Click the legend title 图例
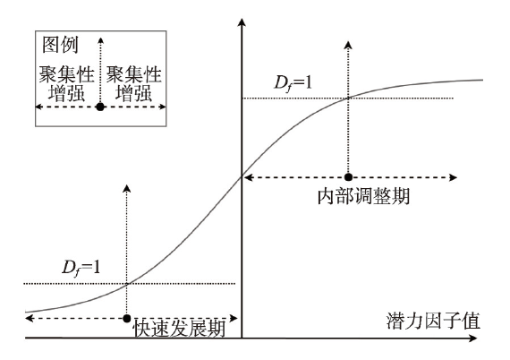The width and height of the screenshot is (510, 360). click(61, 45)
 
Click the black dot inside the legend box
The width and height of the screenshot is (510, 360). click(100, 107)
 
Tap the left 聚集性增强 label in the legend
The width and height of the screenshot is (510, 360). click(67, 83)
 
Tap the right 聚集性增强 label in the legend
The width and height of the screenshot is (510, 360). click(134, 83)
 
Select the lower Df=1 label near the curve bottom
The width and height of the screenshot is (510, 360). click(81, 269)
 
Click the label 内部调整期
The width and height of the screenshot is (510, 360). click(363, 196)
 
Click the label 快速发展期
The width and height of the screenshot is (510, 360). click(179, 328)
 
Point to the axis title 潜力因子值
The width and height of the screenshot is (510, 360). click(433, 321)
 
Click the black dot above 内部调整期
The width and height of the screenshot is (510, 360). click(348, 177)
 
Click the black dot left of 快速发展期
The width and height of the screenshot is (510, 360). click(127, 318)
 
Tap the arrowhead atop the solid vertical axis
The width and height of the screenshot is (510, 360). click(242, 22)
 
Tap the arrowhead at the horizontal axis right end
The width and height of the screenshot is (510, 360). click(473, 339)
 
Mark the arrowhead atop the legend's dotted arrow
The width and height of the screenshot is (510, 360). click(100, 40)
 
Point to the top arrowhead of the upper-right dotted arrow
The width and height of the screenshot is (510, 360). click(348, 45)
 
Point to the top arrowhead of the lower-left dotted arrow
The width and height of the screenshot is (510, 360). click(127, 188)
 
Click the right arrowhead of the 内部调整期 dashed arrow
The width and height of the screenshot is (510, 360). click(454, 177)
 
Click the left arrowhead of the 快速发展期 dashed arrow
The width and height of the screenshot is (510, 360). click(30, 318)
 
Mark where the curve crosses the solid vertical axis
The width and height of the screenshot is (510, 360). click(242, 176)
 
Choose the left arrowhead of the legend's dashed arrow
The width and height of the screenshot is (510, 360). click(38, 107)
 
